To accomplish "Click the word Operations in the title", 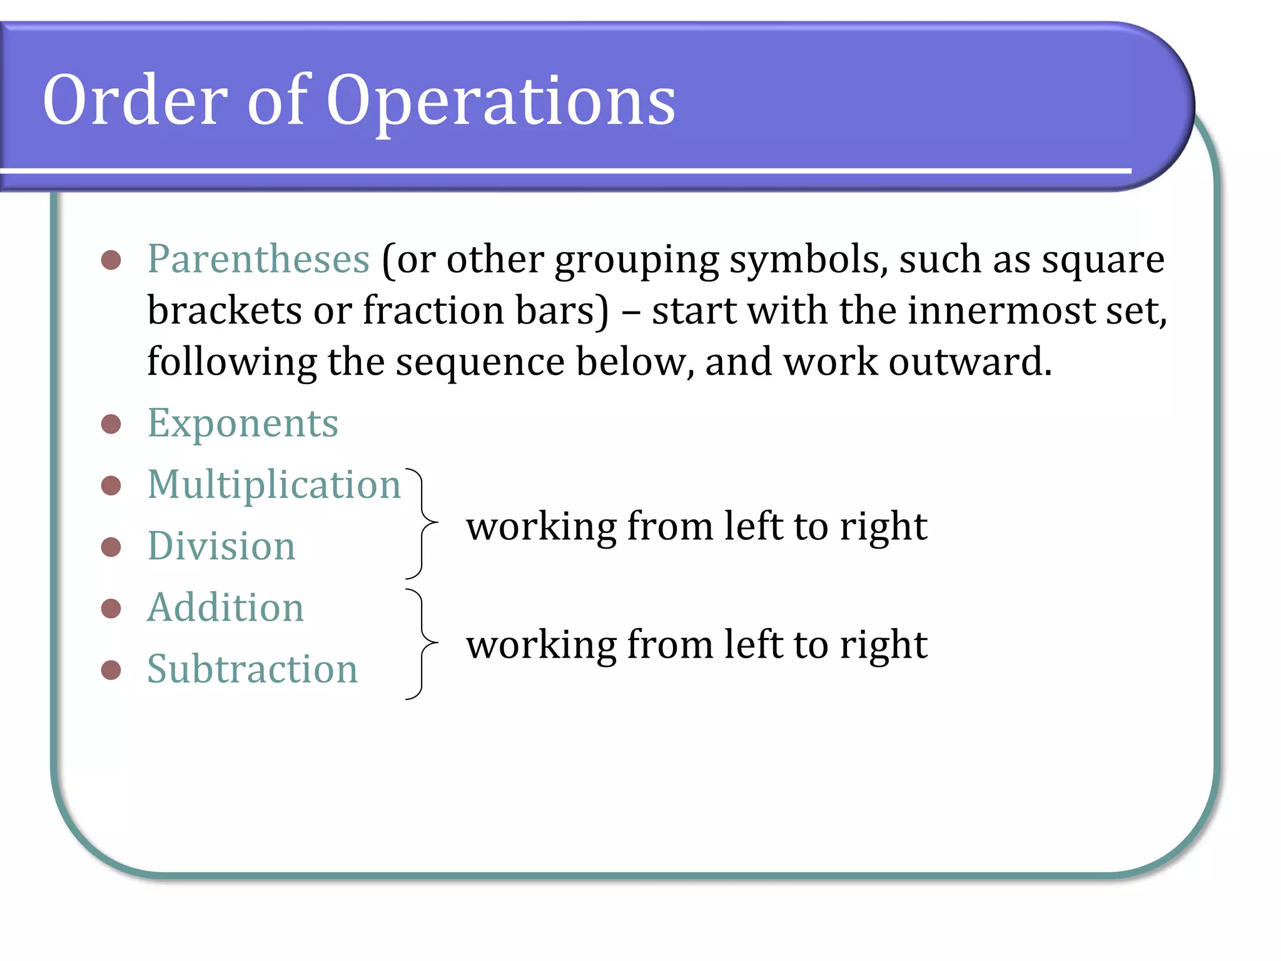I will (500, 100).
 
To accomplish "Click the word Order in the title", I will (134, 100).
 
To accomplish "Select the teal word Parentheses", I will (258, 259).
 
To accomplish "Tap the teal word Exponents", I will (243, 424).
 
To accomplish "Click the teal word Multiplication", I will (274, 485).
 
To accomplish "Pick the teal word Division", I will (221, 546).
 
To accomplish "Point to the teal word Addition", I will (225, 608).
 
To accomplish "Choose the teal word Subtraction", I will (252, 669).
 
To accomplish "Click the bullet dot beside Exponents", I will (111, 424).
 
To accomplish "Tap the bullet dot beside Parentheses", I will (111, 260).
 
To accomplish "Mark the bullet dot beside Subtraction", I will (111, 669).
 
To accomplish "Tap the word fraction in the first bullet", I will (433, 311).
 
